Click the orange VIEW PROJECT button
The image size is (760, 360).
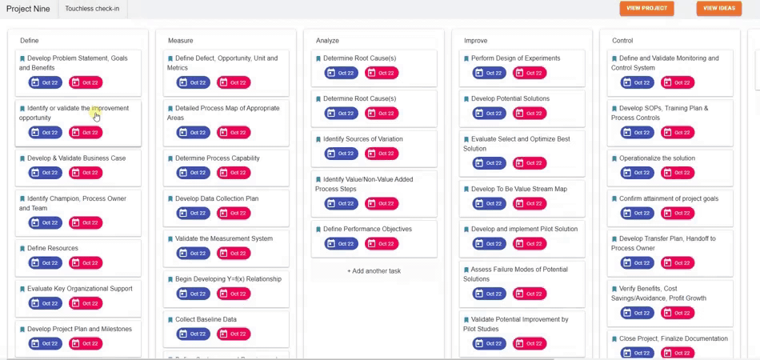coord(646,8)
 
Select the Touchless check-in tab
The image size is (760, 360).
coord(92,9)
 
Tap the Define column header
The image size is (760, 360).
coord(29,40)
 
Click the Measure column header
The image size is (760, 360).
coord(180,40)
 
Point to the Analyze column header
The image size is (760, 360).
coord(327,40)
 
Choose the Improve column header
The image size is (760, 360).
coord(475,40)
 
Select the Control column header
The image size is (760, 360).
coord(622,40)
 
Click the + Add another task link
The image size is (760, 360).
coord(374,271)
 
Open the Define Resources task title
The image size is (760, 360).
coord(53,248)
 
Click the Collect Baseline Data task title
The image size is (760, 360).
coord(206,319)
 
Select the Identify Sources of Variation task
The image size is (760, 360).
coord(362,139)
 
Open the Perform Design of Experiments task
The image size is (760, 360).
coord(515,58)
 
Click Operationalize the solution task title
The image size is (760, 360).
coord(657,158)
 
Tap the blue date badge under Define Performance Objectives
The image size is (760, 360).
coord(342,243)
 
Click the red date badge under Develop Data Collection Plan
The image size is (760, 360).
coord(234,213)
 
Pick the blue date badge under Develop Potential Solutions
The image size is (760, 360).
coord(490,113)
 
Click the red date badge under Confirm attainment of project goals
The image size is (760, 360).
coord(678,213)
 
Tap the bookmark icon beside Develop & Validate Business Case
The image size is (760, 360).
coord(22,158)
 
